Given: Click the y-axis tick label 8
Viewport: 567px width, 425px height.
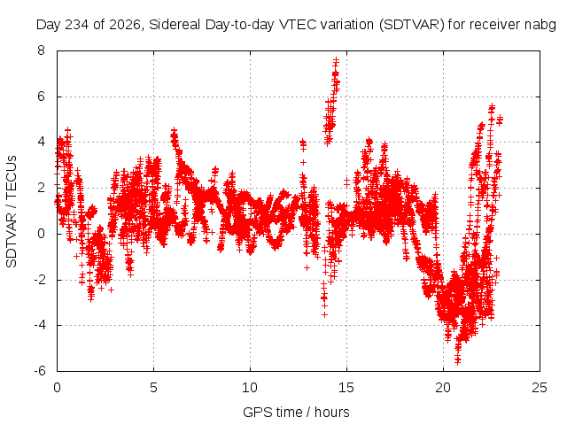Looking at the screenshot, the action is [42, 50].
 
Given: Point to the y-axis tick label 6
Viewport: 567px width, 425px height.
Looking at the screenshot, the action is [42, 97].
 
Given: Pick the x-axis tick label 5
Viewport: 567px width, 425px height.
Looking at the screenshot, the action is [153, 388].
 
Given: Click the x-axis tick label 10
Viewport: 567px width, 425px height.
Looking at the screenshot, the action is [250, 388].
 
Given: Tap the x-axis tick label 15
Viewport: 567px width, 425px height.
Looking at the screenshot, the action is [346, 388].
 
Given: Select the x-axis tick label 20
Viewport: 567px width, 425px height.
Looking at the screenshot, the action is [443, 388].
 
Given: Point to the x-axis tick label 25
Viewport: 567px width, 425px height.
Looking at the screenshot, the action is [540, 388].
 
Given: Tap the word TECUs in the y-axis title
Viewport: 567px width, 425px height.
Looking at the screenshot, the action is [12, 177].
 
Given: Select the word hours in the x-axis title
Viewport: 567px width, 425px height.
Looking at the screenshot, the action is [332, 413].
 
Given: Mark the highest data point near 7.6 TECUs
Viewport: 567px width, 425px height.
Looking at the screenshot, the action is [337, 59].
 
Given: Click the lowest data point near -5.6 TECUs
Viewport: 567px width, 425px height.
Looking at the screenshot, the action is [457, 362].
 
